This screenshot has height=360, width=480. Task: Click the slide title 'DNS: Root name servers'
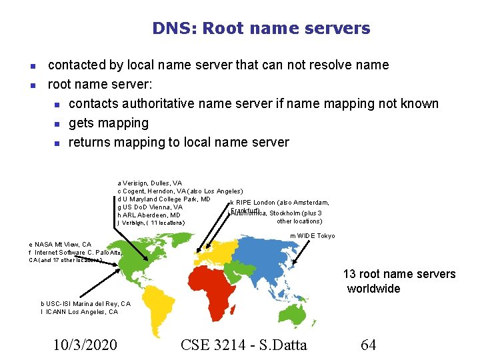[x=261, y=29]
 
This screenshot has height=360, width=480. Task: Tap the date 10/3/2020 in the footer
[x=85, y=345]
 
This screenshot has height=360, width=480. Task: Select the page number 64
[x=368, y=345]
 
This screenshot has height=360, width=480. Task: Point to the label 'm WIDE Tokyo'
[x=312, y=236]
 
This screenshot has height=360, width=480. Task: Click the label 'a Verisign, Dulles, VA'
[x=149, y=183]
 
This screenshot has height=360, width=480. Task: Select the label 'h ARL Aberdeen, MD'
[x=149, y=215]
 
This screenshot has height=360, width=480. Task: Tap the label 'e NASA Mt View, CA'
[x=60, y=245]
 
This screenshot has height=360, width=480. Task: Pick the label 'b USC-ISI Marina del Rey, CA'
[x=85, y=303]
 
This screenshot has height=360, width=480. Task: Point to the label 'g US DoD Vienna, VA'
[x=150, y=207]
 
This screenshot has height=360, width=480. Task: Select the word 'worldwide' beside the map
[x=373, y=289]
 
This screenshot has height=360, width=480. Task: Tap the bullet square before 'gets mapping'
[x=57, y=123]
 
